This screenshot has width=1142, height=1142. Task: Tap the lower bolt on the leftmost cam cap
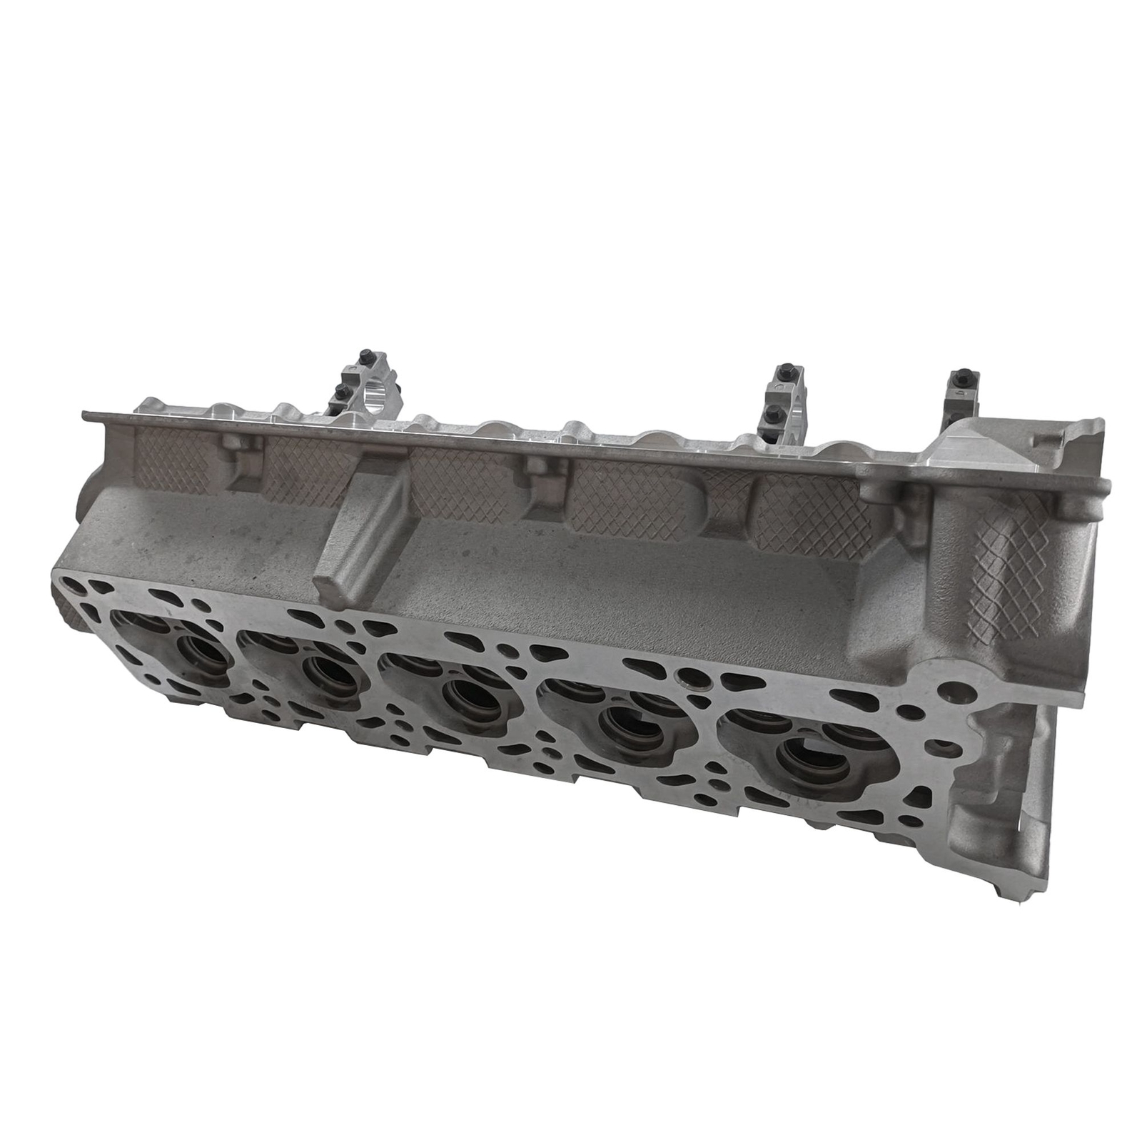tap(341, 390)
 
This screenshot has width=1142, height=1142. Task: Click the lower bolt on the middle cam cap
tap(771, 412)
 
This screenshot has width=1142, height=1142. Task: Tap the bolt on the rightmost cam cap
tap(957, 379)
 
